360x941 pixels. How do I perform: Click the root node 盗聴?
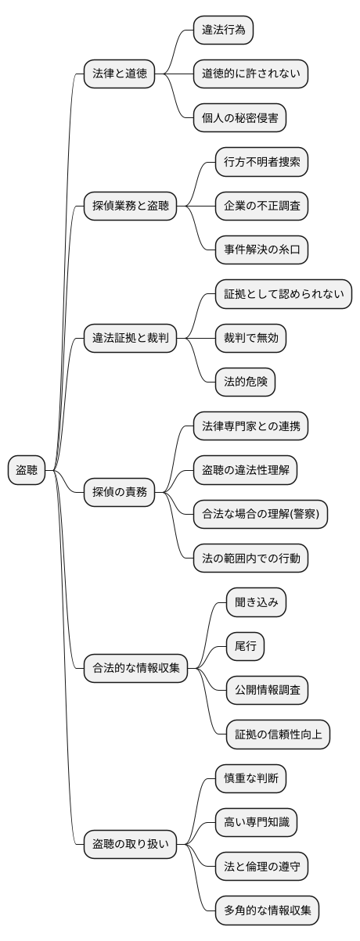click(27, 470)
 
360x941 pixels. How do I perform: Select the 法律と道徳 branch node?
click(119, 75)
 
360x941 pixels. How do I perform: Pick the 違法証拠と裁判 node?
click(130, 339)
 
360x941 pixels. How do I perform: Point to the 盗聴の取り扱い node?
click(130, 843)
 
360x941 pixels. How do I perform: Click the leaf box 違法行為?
click(224, 31)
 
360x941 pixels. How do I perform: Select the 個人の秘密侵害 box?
click(240, 119)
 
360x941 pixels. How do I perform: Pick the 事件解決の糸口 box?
click(261, 251)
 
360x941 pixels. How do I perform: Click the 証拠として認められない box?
click(283, 295)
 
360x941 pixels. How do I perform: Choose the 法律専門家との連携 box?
click(250, 426)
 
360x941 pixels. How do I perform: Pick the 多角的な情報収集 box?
click(267, 910)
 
